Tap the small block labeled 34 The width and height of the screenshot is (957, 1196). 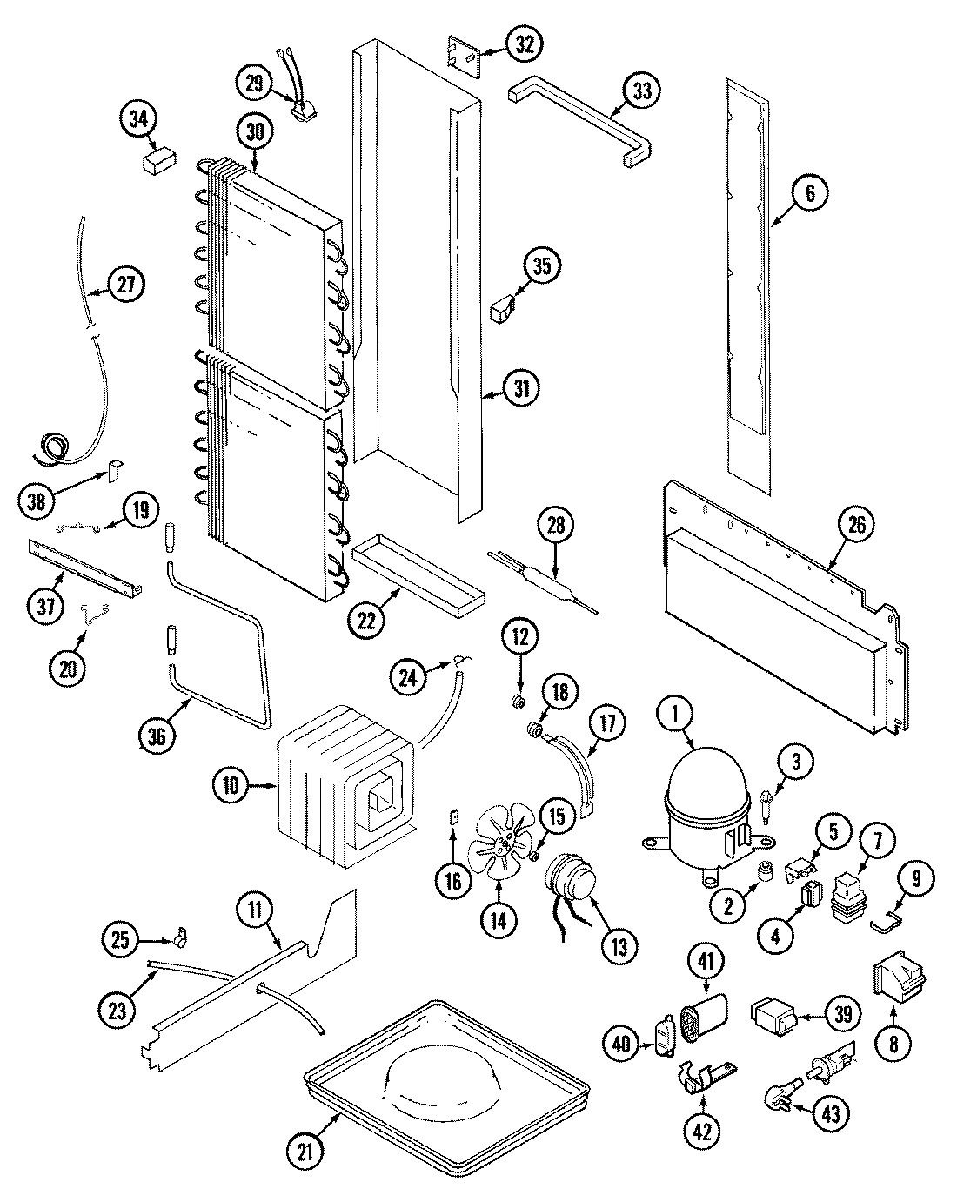tap(157, 161)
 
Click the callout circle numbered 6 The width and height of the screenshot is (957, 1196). tap(810, 194)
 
